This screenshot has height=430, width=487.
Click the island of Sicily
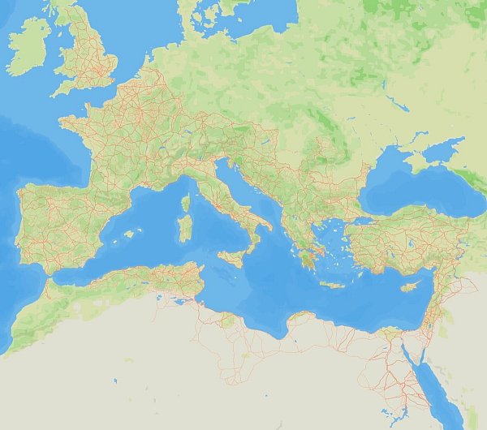(232, 259)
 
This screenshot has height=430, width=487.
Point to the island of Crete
(332, 285)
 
